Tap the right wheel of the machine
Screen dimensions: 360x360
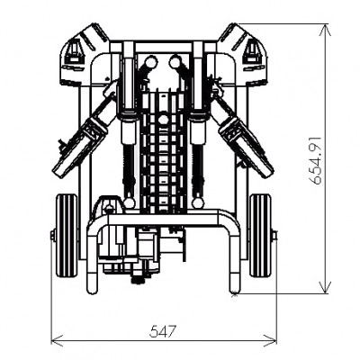tap(261, 236)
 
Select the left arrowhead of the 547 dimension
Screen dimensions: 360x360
tap(56, 340)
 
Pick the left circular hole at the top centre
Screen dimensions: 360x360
tap(150, 61)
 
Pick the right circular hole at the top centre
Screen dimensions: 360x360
tap(174, 61)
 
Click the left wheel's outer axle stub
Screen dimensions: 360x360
tap(52, 236)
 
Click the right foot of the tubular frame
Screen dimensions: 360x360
tap(235, 288)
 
